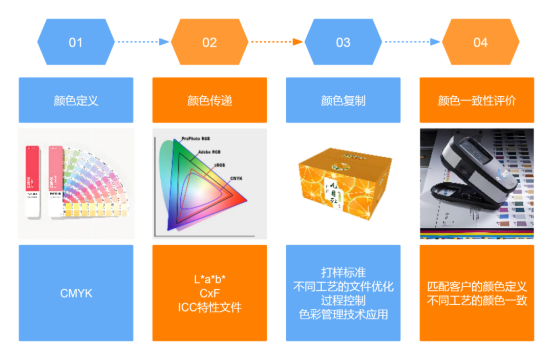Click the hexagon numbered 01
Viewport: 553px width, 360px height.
click(75, 42)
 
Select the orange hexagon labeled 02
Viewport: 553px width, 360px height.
click(209, 42)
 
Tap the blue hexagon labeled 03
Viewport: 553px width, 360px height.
click(343, 42)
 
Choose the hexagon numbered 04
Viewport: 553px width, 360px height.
click(480, 42)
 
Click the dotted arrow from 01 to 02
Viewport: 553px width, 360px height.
click(142, 42)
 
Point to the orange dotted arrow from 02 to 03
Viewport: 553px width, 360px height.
click(276, 42)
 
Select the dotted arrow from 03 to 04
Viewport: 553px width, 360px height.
click(412, 42)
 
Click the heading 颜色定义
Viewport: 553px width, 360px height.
click(76, 100)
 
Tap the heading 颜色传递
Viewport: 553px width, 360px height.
click(209, 100)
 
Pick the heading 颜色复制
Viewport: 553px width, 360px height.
click(343, 100)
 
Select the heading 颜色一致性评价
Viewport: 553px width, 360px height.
click(477, 100)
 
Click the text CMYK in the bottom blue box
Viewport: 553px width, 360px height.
click(76, 293)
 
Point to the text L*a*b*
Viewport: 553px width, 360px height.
click(209, 280)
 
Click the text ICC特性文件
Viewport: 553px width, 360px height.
click(209, 307)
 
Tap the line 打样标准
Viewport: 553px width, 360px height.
click(343, 272)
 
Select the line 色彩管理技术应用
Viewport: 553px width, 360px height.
click(343, 314)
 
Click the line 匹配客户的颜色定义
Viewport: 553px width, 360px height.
click(477, 287)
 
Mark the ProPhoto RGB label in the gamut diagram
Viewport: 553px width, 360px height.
click(196, 139)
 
